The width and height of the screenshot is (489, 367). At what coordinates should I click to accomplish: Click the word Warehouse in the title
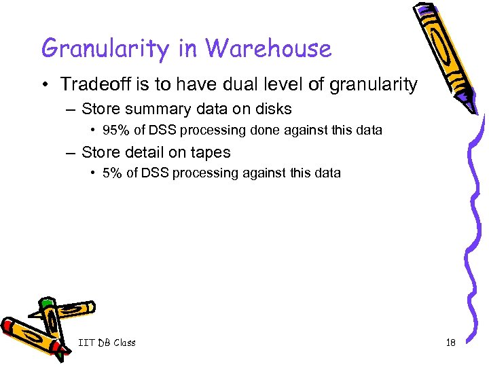tap(268, 48)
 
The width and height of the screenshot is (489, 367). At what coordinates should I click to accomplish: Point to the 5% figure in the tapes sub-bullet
tap(111, 173)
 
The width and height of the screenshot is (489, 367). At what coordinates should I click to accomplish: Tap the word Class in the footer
tap(124, 343)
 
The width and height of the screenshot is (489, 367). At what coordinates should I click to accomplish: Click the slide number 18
tap(450, 343)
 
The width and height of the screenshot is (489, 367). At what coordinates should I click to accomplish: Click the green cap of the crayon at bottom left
tap(46, 302)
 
